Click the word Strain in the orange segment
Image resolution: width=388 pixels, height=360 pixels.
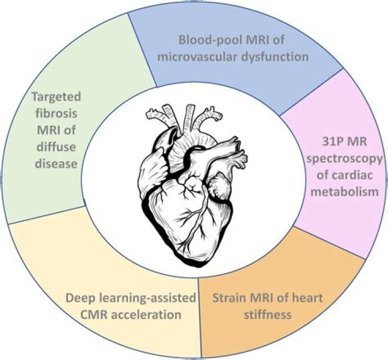pos(228,297)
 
